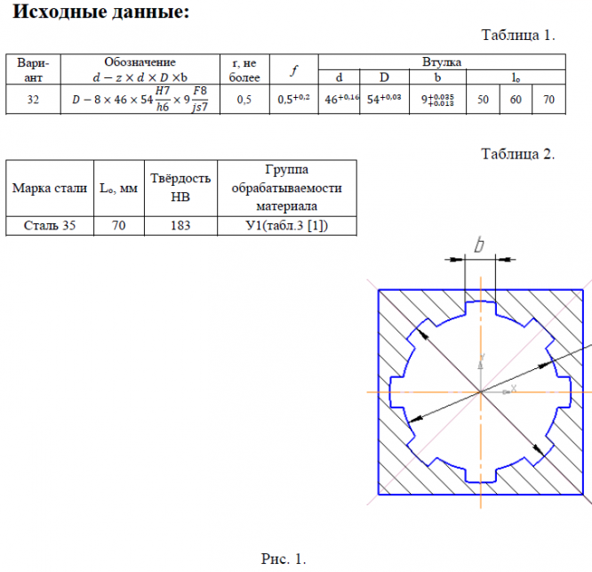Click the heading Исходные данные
tap(100, 13)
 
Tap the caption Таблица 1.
tap(518, 36)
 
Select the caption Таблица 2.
tap(518, 153)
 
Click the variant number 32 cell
tap(33, 100)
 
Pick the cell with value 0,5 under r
tap(244, 100)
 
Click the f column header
tap(293, 70)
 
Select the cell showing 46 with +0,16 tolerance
tap(340, 100)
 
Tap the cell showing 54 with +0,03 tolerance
tap(384, 100)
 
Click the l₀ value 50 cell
tap(483, 100)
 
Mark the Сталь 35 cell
tap(49, 226)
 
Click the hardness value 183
tap(180, 226)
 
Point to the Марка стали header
tap(49, 188)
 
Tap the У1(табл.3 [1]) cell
tap(286, 226)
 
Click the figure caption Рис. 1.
tap(284, 559)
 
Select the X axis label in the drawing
tap(513, 387)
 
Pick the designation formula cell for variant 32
tap(140, 100)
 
